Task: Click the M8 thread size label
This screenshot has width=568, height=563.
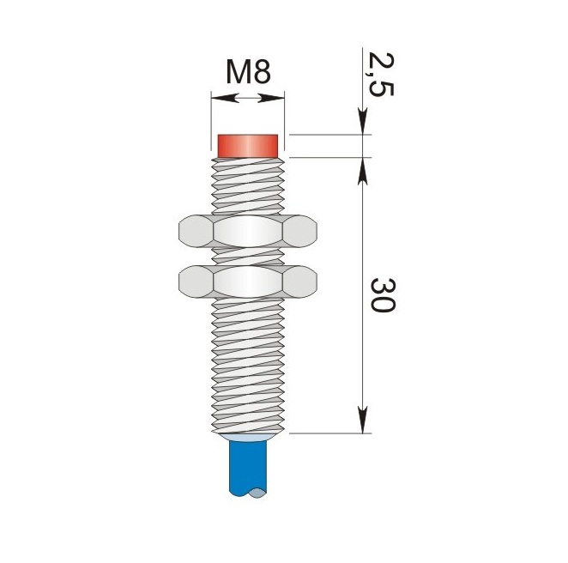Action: tap(248, 72)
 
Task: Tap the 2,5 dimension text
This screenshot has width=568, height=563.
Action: tap(380, 75)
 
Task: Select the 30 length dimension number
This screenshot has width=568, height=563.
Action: tap(383, 295)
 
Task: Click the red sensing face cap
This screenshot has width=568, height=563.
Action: tap(248, 146)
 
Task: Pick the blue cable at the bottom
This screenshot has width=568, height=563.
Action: tap(248, 469)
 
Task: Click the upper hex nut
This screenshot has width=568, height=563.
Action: tap(248, 231)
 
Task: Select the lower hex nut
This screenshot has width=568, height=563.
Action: tap(248, 281)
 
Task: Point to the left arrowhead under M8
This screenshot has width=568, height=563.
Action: tap(226, 98)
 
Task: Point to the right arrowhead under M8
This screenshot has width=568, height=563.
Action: tap(271, 98)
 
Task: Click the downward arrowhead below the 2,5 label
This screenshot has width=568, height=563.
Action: tap(363, 121)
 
